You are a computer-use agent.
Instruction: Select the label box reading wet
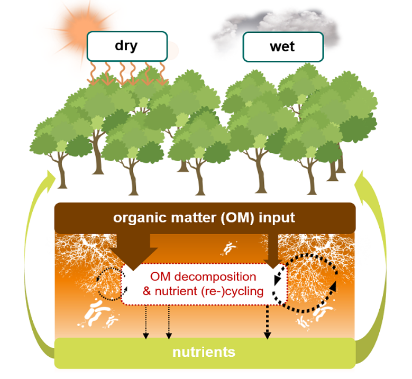[x=282, y=46]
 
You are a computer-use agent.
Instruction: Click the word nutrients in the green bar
[x=204, y=352]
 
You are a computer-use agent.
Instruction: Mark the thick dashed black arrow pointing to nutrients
[x=267, y=322]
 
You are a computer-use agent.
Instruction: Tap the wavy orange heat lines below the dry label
[x=127, y=73]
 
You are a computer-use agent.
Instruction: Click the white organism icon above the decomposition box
[x=228, y=247]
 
